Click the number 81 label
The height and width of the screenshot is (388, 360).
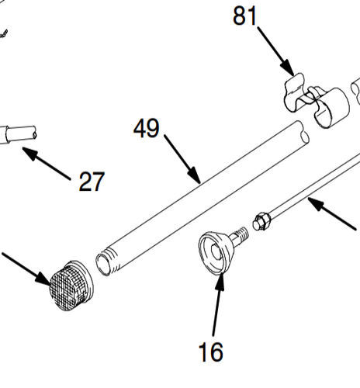click(245, 15)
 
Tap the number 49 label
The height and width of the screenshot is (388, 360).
click(146, 128)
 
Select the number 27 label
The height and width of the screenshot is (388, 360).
click(91, 182)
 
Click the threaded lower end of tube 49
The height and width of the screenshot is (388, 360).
click(107, 261)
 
